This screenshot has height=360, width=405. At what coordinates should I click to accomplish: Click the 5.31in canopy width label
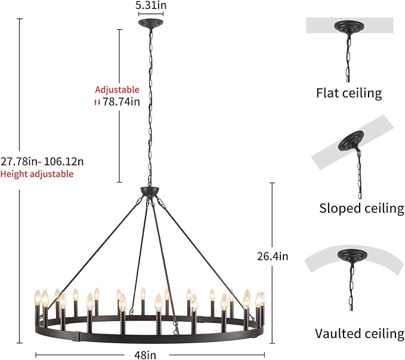(151, 5)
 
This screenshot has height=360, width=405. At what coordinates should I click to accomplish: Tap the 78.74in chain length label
(121, 101)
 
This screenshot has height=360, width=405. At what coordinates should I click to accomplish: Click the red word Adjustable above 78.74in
(117, 90)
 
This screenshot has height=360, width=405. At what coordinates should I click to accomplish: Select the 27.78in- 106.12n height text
(42, 162)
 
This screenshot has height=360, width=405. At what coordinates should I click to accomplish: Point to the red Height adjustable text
(36, 174)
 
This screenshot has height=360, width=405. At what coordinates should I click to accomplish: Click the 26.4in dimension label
(273, 256)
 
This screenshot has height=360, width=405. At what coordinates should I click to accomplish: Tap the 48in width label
(145, 355)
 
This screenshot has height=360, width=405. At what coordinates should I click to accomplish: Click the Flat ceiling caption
(349, 93)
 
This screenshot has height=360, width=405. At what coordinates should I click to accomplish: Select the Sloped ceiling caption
(361, 208)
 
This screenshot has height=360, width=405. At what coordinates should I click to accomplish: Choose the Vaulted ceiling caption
(360, 333)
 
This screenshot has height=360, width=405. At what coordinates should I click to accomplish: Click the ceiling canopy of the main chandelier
(151, 23)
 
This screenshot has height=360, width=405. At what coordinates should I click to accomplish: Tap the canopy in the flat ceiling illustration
(349, 26)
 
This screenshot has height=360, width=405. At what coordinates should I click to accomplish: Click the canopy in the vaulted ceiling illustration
(353, 255)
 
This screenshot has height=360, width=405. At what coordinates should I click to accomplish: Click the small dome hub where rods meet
(150, 191)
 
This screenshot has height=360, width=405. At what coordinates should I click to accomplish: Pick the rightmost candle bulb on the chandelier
(262, 299)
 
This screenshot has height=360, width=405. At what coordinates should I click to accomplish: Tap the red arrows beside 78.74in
(97, 102)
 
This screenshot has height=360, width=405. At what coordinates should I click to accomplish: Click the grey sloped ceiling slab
(353, 141)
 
